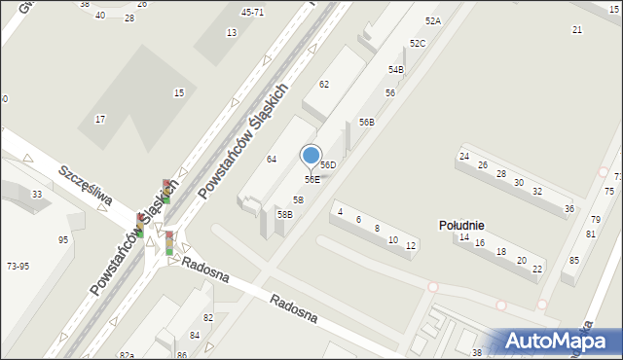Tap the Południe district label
pyautogui.click(x=461, y=225)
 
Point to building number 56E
pyautogui.click(x=311, y=179)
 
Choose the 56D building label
pyautogui.click(x=329, y=165)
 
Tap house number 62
pyautogui.click(x=324, y=85)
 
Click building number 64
pyautogui.click(x=273, y=159)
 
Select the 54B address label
pyautogui.click(x=396, y=70)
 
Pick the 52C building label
pyautogui.click(x=418, y=44)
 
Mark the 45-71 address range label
pyautogui.click(x=252, y=13)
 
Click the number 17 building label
pyautogui.click(x=100, y=119)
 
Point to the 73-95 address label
pyautogui.click(x=18, y=266)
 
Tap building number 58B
pyautogui.click(x=285, y=214)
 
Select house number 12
pyautogui.click(x=411, y=246)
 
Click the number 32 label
pyautogui.click(x=537, y=191)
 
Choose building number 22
pyautogui.click(x=537, y=269)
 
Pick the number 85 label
pyautogui.click(x=575, y=260)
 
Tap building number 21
pyautogui.click(x=577, y=30)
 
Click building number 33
pyautogui.click(x=37, y=195)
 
